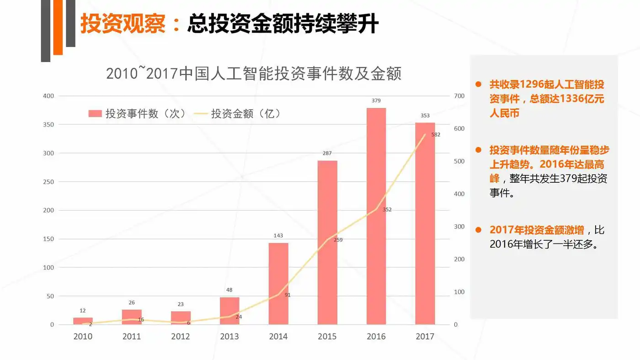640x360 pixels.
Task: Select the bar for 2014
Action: tap(278, 283)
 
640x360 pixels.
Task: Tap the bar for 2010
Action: tap(83, 321)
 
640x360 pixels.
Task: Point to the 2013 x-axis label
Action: tap(229, 337)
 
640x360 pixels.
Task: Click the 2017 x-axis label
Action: tap(425, 337)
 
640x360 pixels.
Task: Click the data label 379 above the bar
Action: tap(376, 101)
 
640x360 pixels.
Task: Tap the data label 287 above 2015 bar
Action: tap(327, 154)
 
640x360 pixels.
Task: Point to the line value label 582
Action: tap(436, 135)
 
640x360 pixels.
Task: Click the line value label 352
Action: tap(387, 210)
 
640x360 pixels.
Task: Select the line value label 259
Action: tap(338, 240)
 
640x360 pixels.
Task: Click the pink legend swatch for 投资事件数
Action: tap(95, 114)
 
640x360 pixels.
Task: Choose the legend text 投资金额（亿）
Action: tap(245, 114)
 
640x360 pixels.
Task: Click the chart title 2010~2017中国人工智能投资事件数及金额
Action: tap(254, 74)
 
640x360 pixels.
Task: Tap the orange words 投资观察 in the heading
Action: tap(123, 24)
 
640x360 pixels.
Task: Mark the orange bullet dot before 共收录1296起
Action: tap(479, 85)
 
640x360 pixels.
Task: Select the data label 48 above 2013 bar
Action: tap(229, 290)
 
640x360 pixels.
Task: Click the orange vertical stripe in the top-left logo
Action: tap(58, 27)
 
